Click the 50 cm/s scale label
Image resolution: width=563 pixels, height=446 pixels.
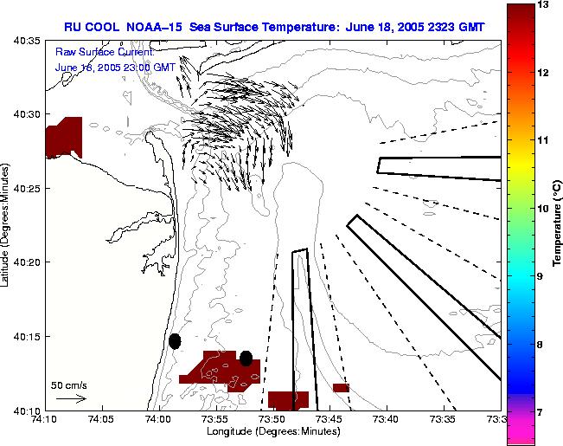(69, 385)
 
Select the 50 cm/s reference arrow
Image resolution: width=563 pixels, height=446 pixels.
(70, 399)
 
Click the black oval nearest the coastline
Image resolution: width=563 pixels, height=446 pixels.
(175, 341)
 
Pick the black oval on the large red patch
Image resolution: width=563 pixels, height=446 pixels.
(246, 358)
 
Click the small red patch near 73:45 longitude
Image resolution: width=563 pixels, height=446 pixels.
(341, 388)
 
